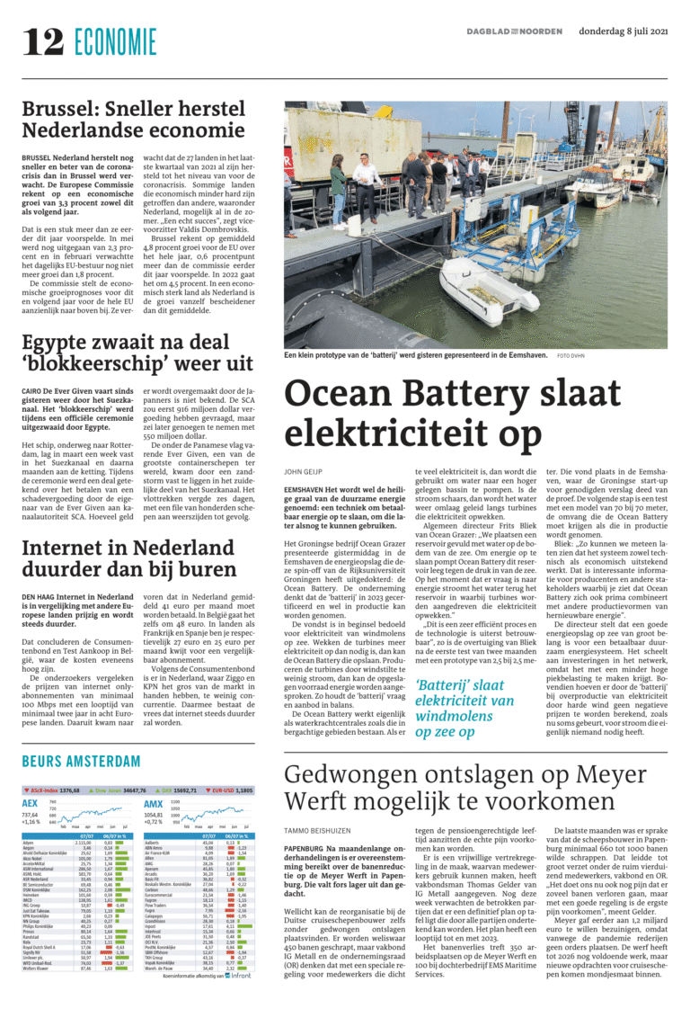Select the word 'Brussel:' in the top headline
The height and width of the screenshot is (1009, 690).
point(61,112)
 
